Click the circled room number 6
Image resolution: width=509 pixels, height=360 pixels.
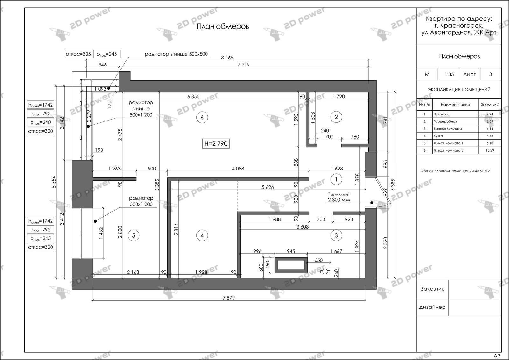point(202,117)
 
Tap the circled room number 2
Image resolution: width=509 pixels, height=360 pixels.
point(336,117)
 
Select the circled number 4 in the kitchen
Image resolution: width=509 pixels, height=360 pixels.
point(202,236)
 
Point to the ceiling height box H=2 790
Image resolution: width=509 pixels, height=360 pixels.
point(216,143)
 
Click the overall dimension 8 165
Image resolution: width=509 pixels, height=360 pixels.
point(227,58)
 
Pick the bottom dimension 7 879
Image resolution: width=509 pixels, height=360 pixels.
point(229,298)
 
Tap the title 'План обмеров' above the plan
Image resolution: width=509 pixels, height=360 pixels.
point(223,27)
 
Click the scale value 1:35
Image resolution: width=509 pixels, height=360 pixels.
point(449,74)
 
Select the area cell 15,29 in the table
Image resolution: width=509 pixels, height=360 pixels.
point(490,150)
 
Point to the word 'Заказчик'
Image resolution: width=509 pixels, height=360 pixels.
point(432,289)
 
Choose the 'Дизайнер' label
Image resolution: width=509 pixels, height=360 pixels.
point(432,307)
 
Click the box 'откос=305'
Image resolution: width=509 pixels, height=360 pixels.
point(78,54)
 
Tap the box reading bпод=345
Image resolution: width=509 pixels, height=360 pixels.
point(40,238)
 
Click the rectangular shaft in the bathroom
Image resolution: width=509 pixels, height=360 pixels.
point(291,265)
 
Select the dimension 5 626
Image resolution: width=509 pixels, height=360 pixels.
point(268,187)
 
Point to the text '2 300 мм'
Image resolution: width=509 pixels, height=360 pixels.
point(339,200)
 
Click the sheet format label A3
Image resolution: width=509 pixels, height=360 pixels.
point(497,356)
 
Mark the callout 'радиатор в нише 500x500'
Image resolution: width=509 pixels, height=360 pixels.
point(176,54)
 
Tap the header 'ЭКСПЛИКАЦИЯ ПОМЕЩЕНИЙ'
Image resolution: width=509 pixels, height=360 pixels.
point(459,89)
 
